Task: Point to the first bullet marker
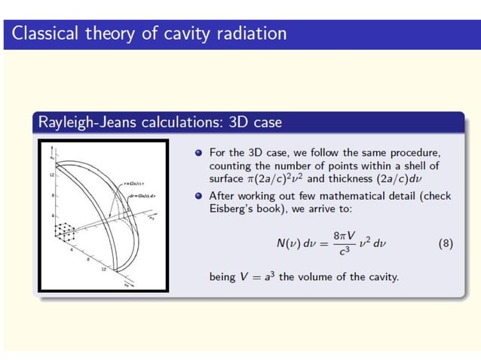tap(199, 153)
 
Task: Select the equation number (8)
tap(445, 245)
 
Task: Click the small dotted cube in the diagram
tap(64, 230)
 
